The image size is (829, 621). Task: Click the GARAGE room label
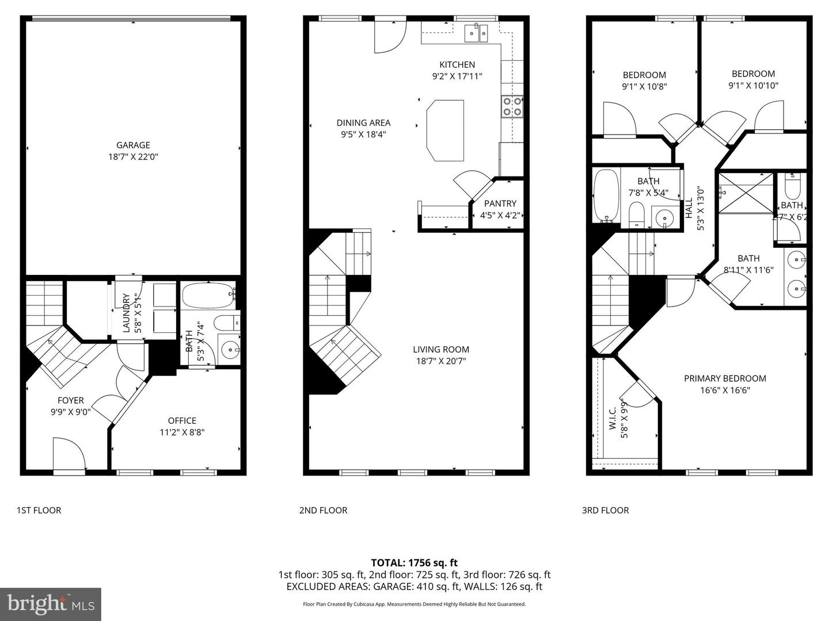coord(133,145)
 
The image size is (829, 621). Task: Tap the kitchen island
coord(445,131)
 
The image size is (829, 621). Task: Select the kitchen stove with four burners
coord(512,106)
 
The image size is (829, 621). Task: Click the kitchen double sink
coord(477,33)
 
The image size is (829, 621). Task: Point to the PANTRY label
coord(500,204)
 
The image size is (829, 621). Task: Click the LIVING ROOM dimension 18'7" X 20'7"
coord(440,362)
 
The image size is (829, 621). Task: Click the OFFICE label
coord(182,421)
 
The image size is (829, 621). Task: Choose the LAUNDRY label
coord(127,313)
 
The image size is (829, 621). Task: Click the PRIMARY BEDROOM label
coord(725,378)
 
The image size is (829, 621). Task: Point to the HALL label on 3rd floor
coord(689,208)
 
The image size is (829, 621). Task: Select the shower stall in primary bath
coord(746,193)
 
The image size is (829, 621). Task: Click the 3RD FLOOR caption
coord(605,510)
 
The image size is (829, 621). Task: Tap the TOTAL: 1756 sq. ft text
coord(414,563)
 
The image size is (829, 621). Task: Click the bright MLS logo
coord(51,604)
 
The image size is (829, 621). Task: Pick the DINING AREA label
coord(363,122)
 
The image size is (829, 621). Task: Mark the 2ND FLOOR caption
coord(323,510)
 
